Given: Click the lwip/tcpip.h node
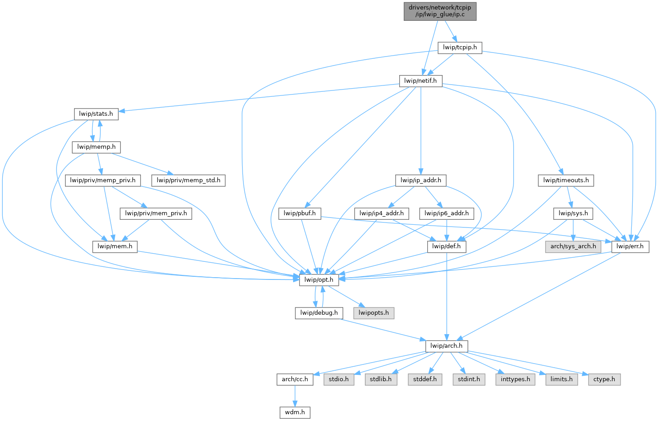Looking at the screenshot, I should [x=460, y=47].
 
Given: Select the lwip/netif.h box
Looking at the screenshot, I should [x=420, y=81].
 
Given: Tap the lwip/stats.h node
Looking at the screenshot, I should [x=96, y=114].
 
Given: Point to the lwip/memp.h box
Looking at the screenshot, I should [x=96, y=147].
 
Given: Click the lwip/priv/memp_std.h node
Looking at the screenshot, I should [x=188, y=180].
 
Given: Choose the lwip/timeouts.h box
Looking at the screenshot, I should [x=566, y=180].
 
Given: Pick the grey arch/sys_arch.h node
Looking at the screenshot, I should [x=573, y=247].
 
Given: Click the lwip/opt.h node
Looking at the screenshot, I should [x=319, y=280].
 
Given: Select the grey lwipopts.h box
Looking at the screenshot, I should [x=373, y=313].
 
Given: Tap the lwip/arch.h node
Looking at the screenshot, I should [x=446, y=346].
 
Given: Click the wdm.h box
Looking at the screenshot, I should [x=295, y=412].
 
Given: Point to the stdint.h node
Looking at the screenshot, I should [x=469, y=379].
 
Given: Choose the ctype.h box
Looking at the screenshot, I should [x=604, y=379].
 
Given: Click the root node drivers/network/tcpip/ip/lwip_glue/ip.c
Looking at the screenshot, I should [x=440, y=11].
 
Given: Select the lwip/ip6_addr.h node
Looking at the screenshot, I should [x=447, y=213].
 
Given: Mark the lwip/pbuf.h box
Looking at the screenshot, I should [x=300, y=213].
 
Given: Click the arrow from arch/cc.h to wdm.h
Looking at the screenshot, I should [x=295, y=396].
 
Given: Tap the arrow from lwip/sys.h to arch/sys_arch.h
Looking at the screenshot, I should [x=573, y=230].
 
